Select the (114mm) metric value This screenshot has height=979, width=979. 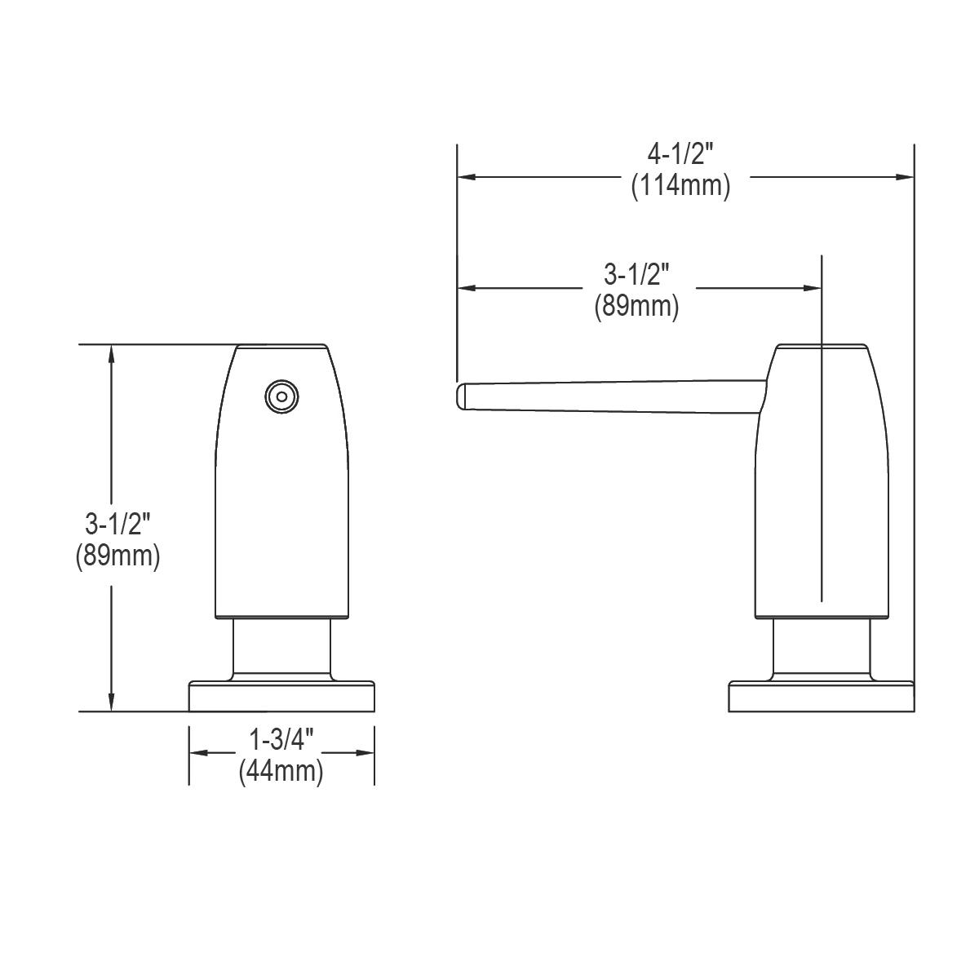click(x=680, y=186)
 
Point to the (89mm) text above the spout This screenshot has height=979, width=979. click(x=636, y=307)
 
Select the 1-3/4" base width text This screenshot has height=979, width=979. click(x=281, y=740)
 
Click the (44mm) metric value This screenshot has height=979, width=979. click(x=281, y=771)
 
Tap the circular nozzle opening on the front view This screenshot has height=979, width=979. click(x=281, y=396)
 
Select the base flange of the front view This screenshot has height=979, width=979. click(x=281, y=697)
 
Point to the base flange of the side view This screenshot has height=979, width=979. click(x=820, y=697)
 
